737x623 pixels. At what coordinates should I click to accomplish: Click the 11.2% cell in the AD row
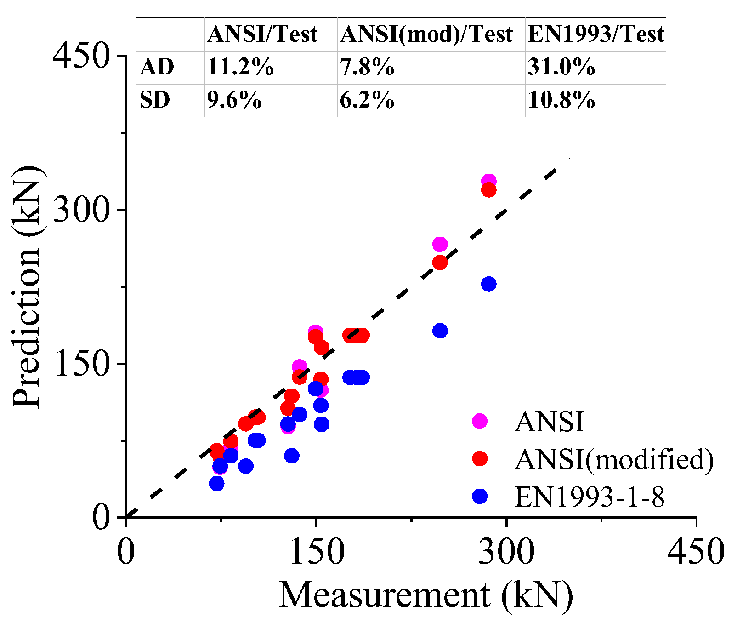[240, 68]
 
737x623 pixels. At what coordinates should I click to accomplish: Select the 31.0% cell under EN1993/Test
[561, 68]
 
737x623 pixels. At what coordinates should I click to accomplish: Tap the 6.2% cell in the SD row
[367, 100]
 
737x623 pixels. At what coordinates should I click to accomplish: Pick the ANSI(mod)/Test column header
[426, 34]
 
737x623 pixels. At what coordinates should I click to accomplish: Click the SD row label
[155, 100]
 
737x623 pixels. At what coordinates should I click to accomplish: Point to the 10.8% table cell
[561, 100]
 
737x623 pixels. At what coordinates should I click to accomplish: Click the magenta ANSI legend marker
[480, 421]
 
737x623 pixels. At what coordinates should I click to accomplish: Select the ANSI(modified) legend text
[614, 458]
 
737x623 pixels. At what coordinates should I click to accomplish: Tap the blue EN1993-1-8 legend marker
[480, 496]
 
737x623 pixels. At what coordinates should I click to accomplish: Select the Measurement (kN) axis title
[425, 595]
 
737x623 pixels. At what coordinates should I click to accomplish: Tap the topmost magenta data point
[488, 182]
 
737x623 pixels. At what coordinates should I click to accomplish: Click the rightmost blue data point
[488, 284]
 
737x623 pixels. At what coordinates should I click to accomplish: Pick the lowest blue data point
[216, 483]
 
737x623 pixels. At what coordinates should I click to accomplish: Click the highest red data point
[488, 190]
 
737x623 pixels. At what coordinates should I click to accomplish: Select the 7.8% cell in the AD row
[367, 68]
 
